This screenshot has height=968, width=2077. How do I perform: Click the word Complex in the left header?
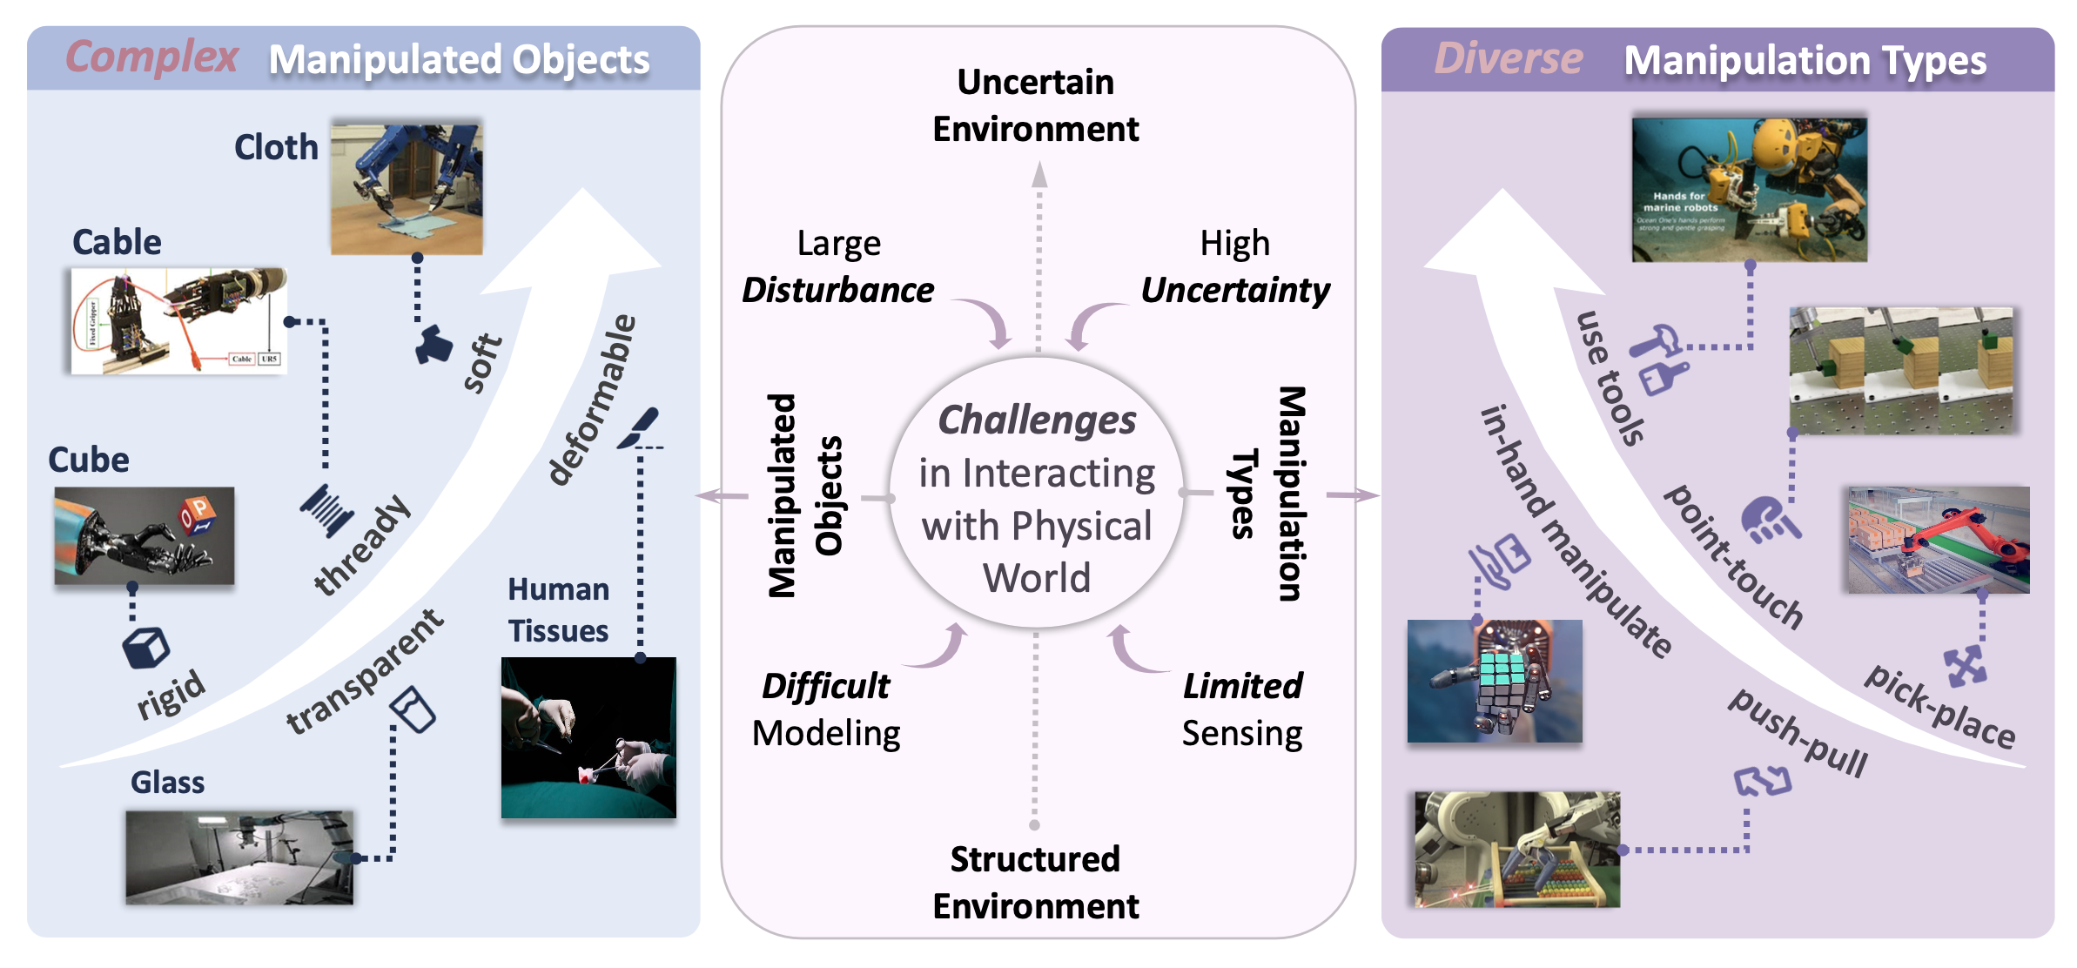[x=151, y=57]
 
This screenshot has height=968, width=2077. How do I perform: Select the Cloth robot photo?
[x=407, y=187]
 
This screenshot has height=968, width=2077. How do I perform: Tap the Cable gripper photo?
[x=178, y=320]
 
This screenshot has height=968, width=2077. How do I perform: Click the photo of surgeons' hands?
[x=588, y=737]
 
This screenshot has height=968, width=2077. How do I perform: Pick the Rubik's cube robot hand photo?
[x=1495, y=681]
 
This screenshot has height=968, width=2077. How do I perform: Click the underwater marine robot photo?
[x=1749, y=190]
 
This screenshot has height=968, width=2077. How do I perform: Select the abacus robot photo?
[x=1517, y=849]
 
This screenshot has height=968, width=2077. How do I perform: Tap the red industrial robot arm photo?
[x=1939, y=540]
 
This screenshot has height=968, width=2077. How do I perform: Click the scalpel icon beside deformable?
[x=640, y=427]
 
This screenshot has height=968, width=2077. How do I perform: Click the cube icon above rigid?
[x=145, y=648]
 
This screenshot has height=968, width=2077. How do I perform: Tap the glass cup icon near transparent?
[x=413, y=709]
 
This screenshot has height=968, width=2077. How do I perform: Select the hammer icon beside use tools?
[x=1656, y=341]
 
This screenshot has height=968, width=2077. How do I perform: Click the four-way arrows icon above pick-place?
[x=1965, y=667]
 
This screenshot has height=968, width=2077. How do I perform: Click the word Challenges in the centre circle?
[x=1037, y=420]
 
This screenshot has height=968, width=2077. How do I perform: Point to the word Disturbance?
[x=837, y=290]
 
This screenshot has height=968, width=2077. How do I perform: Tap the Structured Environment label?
[x=1035, y=883]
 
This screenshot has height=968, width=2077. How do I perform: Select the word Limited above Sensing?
[x=1242, y=686]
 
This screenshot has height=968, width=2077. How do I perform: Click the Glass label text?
[x=167, y=782]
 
